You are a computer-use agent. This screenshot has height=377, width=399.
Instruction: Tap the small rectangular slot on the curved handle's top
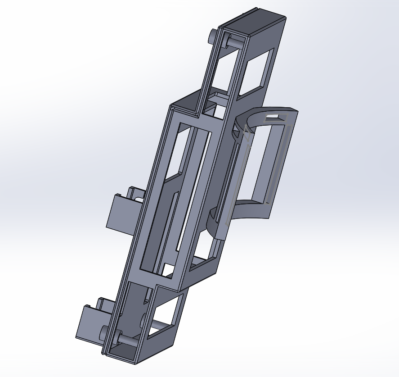[x=276, y=118]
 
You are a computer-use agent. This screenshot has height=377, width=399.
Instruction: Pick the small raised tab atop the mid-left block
[x=134, y=192]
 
